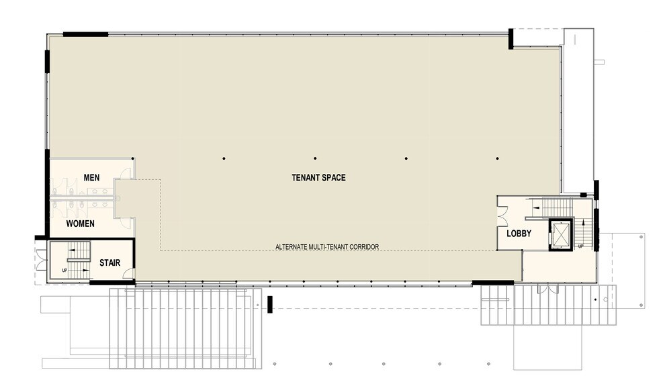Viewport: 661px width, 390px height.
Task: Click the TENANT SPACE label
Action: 318,178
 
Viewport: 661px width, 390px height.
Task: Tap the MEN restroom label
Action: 92,177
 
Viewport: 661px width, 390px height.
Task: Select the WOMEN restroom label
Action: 80,224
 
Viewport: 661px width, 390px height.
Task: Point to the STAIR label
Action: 109,262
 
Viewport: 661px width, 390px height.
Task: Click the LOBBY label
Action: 519,234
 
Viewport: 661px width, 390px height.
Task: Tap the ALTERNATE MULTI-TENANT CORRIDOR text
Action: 327,247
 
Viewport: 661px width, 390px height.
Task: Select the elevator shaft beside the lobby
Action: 560,234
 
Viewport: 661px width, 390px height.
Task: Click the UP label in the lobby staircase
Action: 579,247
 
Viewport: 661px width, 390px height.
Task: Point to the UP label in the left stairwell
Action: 64,271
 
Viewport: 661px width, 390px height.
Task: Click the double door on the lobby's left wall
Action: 502,215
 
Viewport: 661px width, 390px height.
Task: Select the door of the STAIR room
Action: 128,274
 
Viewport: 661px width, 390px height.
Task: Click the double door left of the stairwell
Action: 40,260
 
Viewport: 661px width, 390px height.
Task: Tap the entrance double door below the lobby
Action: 548,289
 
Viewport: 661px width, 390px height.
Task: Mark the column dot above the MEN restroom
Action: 133,158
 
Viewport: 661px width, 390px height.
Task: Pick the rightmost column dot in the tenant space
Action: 497,158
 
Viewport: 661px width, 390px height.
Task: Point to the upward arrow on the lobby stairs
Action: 537,209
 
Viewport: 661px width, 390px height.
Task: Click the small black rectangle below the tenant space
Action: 269,304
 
